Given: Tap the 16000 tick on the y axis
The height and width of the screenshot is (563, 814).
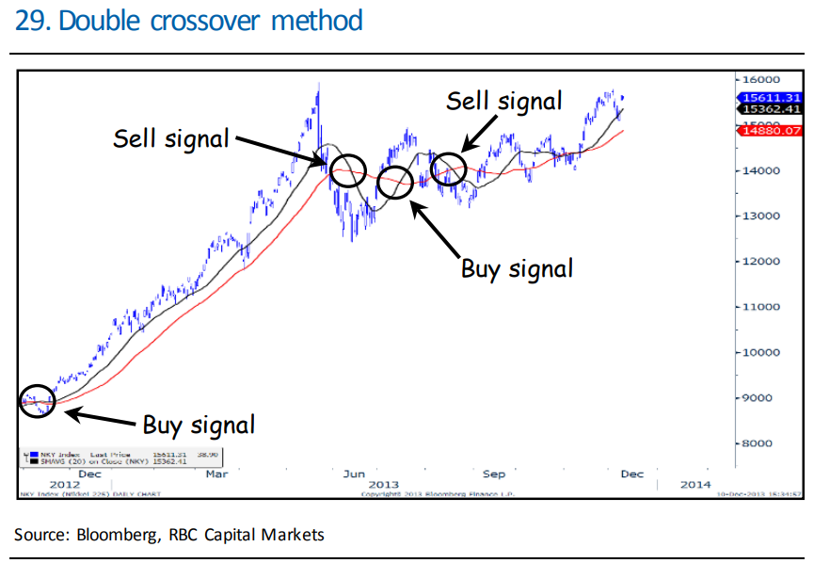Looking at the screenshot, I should pyautogui.click(x=758, y=80).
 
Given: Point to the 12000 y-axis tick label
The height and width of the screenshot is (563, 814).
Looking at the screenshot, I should pyautogui.click(x=758, y=261).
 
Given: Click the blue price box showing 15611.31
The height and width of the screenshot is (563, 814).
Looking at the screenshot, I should pyautogui.click(x=771, y=97).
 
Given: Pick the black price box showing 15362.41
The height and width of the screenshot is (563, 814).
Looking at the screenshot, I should pyautogui.click(x=771, y=109).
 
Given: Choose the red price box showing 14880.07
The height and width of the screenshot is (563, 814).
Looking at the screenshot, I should pyautogui.click(x=771, y=131).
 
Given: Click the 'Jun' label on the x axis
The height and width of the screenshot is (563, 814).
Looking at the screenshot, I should pyautogui.click(x=354, y=474).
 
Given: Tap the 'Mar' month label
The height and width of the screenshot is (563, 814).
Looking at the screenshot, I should pyautogui.click(x=217, y=474).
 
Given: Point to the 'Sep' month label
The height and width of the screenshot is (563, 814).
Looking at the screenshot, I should pyautogui.click(x=494, y=474).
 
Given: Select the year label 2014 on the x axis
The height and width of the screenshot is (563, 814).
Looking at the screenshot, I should pyautogui.click(x=694, y=484).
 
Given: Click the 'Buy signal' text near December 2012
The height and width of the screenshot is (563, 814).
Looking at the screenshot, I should pyautogui.click(x=199, y=425).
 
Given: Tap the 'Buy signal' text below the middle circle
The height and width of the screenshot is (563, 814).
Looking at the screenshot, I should pyautogui.click(x=517, y=268).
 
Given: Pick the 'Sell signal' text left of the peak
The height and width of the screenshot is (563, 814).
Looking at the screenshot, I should pyautogui.click(x=171, y=138).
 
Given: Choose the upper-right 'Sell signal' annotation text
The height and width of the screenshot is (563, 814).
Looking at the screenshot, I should pyautogui.click(x=504, y=101).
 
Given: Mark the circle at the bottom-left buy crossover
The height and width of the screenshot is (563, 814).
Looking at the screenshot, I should pyautogui.click(x=38, y=400).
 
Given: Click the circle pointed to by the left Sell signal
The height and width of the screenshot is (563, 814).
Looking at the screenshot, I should pyautogui.click(x=346, y=169).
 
